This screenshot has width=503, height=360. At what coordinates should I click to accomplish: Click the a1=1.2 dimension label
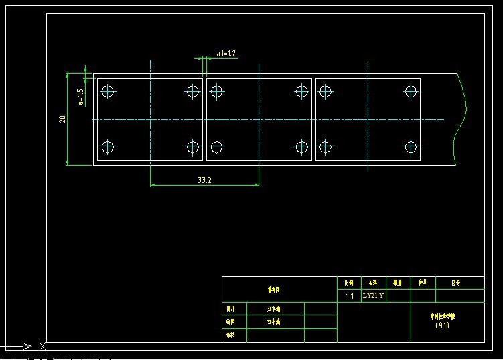[x=226, y=53]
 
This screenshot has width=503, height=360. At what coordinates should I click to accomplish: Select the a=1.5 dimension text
[x=81, y=97]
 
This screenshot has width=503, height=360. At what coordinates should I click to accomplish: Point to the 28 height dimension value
[x=62, y=119]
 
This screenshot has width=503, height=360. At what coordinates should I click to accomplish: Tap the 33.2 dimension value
[x=205, y=180]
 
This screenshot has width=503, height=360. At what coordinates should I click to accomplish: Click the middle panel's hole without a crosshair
[x=216, y=147]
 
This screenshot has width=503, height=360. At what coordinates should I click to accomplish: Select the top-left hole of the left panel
[x=108, y=91]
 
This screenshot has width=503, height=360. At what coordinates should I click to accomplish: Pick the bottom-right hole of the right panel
[x=410, y=147]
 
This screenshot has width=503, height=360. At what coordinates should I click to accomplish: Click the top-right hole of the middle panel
[x=302, y=91]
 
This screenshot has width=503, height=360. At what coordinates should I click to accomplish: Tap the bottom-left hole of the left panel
[x=108, y=147]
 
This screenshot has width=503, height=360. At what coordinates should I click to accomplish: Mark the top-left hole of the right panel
[x=326, y=91]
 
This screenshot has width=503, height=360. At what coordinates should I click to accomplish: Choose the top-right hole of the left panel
[x=193, y=91]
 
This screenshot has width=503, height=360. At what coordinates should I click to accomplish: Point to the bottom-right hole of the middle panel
[x=302, y=147]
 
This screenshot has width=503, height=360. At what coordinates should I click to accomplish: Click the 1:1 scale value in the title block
[x=349, y=296]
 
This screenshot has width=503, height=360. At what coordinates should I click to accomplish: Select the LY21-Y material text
[x=373, y=295]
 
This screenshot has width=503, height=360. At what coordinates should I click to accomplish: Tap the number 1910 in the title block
[x=442, y=326]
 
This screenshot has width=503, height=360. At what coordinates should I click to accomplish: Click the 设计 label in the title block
[x=230, y=310]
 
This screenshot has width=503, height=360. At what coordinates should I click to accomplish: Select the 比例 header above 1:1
[x=348, y=283]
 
